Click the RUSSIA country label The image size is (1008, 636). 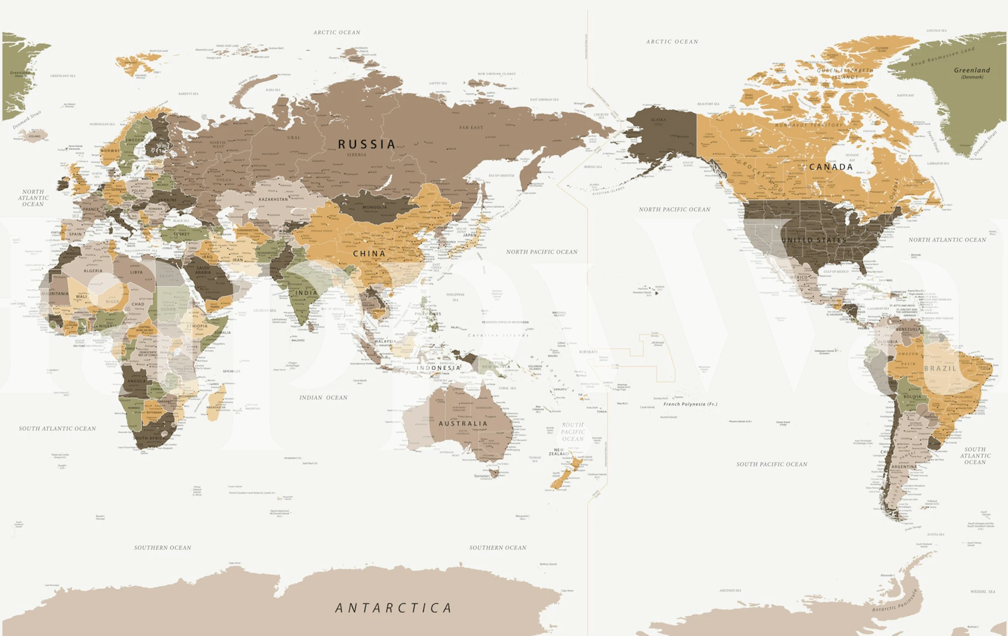pos(367,144)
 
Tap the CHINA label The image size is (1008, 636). pos(369,253)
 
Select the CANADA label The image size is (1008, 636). pos(831,167)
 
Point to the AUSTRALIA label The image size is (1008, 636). pos(463,424)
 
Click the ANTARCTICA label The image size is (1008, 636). pos(394,608)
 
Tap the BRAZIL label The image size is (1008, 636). pos(940,368)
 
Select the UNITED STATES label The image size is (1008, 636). pos(814,240)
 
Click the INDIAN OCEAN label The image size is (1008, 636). pos(323,397)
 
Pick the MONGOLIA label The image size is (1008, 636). pos(374,207)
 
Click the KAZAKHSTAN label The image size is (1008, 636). pos(273,199)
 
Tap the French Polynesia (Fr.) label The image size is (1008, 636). pos(690,404)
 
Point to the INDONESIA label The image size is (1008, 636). pos(438,368)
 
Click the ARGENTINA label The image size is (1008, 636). pos(904,467)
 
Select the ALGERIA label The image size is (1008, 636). pos(93,271)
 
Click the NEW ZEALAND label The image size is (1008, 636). pos(559,452)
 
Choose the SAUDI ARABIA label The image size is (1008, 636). pos(203,270)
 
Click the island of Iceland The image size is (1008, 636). pos(35,135)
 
